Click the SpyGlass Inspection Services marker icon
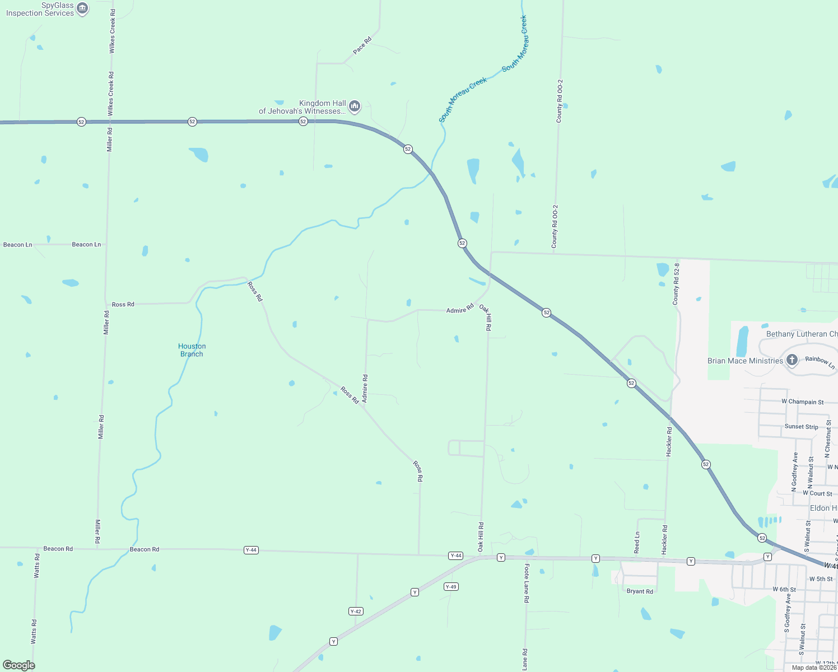[x=82, y=8]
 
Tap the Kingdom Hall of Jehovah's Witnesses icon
[x=354, y=106]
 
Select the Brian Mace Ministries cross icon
[x=792, y=360]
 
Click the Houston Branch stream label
[x=192, y=350]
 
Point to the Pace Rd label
[x=362, y=45]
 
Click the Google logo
[x=19, y=665]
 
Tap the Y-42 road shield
[x=356, y=611]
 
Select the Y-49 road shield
[x=451, y=586]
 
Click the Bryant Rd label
[x=640, y=591]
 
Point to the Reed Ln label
[x=637, y=543]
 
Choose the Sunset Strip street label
[x=801, y=427]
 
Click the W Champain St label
[x=802, y=402]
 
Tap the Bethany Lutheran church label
[x=802, y=334]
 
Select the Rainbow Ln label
[x=820, y=362]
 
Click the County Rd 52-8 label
[x=676, y=283]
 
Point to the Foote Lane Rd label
[x=527, y=583]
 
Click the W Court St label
[x=817, y=493]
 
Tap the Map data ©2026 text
[x=814, y=667]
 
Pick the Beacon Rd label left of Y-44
[x=145, y=549]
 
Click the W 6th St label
[x=784, y=589]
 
